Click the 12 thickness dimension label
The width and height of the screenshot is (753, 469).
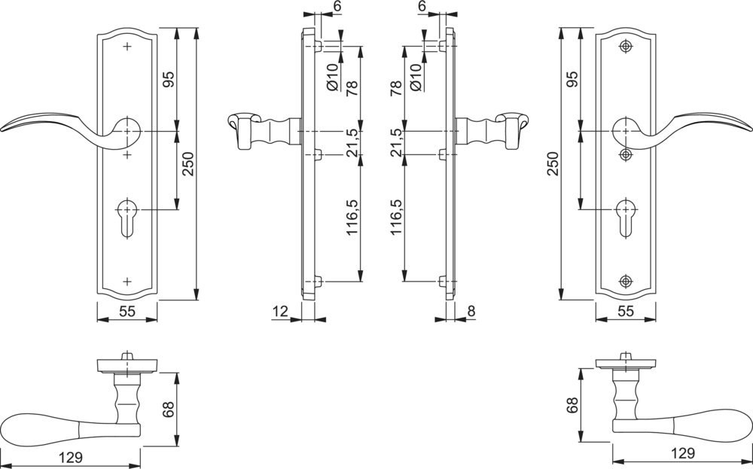pos(280,311)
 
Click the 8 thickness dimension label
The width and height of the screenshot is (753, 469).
pos(471,311)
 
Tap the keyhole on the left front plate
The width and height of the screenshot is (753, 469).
pos(127,217)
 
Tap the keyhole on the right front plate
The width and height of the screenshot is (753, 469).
pos(626,217)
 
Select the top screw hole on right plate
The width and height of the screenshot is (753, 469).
pos(625,47)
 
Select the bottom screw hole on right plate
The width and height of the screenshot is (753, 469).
pos(625,282)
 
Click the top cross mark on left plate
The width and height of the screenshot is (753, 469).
pos(127,47)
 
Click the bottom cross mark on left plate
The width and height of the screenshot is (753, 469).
pos(127,282)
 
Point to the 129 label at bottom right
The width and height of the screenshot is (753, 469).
pos(682,452)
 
